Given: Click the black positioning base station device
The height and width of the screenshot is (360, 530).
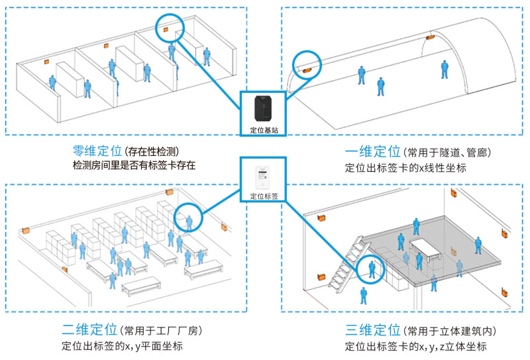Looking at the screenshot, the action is click(x=263, y=108).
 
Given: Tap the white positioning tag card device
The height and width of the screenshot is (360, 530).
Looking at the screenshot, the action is click(x=262, y=178).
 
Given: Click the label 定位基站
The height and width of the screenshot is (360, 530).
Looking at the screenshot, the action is click(x=264, y=130).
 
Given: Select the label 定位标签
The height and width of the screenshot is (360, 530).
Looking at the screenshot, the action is click(x=264, y=196).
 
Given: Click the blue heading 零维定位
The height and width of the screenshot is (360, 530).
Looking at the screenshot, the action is click(x=97, y=151).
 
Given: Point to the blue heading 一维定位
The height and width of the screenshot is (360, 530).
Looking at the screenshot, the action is click(x=373, y=151).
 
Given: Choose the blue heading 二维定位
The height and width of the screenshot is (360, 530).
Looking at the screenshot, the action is click(x=89, y=329).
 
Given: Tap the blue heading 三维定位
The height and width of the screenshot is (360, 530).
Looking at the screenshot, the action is click(x=373, y=330).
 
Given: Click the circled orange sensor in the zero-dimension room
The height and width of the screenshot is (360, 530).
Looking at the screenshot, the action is click(x=166, y=30).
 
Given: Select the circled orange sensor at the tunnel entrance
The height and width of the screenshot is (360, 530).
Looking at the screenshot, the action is click(x=307, y=70).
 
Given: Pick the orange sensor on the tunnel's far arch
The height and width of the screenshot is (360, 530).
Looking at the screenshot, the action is click(x=430, y=37).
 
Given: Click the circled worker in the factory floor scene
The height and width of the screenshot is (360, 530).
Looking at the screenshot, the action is click(x=189, y=223).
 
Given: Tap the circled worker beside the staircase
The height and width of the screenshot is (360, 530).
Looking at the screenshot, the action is click(x=372, y=269).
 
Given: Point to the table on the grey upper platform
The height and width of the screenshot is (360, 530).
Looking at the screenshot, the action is click(x=425, y=249).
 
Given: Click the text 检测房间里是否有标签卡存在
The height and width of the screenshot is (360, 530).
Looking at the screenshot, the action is click(x=134, y=166).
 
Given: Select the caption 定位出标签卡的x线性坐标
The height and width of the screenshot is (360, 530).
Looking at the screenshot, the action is click(x=405, y=168).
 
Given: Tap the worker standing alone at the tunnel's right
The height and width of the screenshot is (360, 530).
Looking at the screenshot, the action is click(x=445, y=70).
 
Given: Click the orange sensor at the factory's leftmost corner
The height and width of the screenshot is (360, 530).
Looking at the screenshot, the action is click(x=26, y=231).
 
